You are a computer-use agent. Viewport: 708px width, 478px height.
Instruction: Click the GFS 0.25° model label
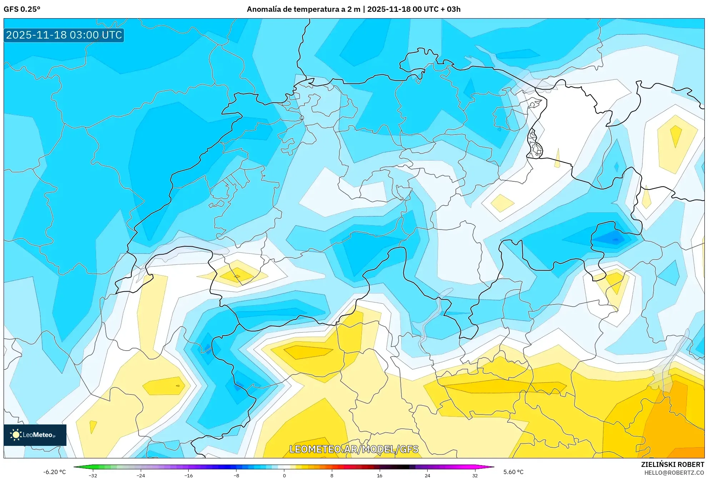(22, 9)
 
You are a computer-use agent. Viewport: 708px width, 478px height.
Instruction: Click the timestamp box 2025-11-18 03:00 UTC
(64, 35)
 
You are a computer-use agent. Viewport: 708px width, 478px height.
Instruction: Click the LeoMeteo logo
(35, 435)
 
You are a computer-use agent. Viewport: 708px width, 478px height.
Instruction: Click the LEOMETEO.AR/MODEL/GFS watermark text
(354, 449)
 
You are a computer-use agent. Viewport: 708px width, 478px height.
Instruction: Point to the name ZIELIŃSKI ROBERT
(672, 464)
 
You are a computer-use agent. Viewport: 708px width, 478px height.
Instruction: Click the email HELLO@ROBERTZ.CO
(674, 473)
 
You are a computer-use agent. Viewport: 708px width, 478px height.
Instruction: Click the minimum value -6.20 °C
(54, 472)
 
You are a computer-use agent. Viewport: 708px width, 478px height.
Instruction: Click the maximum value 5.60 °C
(513, 472)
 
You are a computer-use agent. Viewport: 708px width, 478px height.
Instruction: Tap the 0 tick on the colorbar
(284, 475)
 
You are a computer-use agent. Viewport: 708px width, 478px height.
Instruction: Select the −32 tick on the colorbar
(93, 475)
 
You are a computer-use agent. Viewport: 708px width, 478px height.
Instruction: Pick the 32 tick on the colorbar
(475, 475)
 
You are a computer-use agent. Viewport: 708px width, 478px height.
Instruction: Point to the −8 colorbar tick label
(236, 475)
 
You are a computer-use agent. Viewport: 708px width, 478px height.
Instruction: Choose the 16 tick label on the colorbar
(379, 475)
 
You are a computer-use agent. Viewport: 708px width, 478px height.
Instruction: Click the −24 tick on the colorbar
(141, 475)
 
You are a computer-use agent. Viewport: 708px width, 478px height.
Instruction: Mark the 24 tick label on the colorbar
(427, 475)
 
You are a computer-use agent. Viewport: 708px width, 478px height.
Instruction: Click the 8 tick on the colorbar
(332, 475)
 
